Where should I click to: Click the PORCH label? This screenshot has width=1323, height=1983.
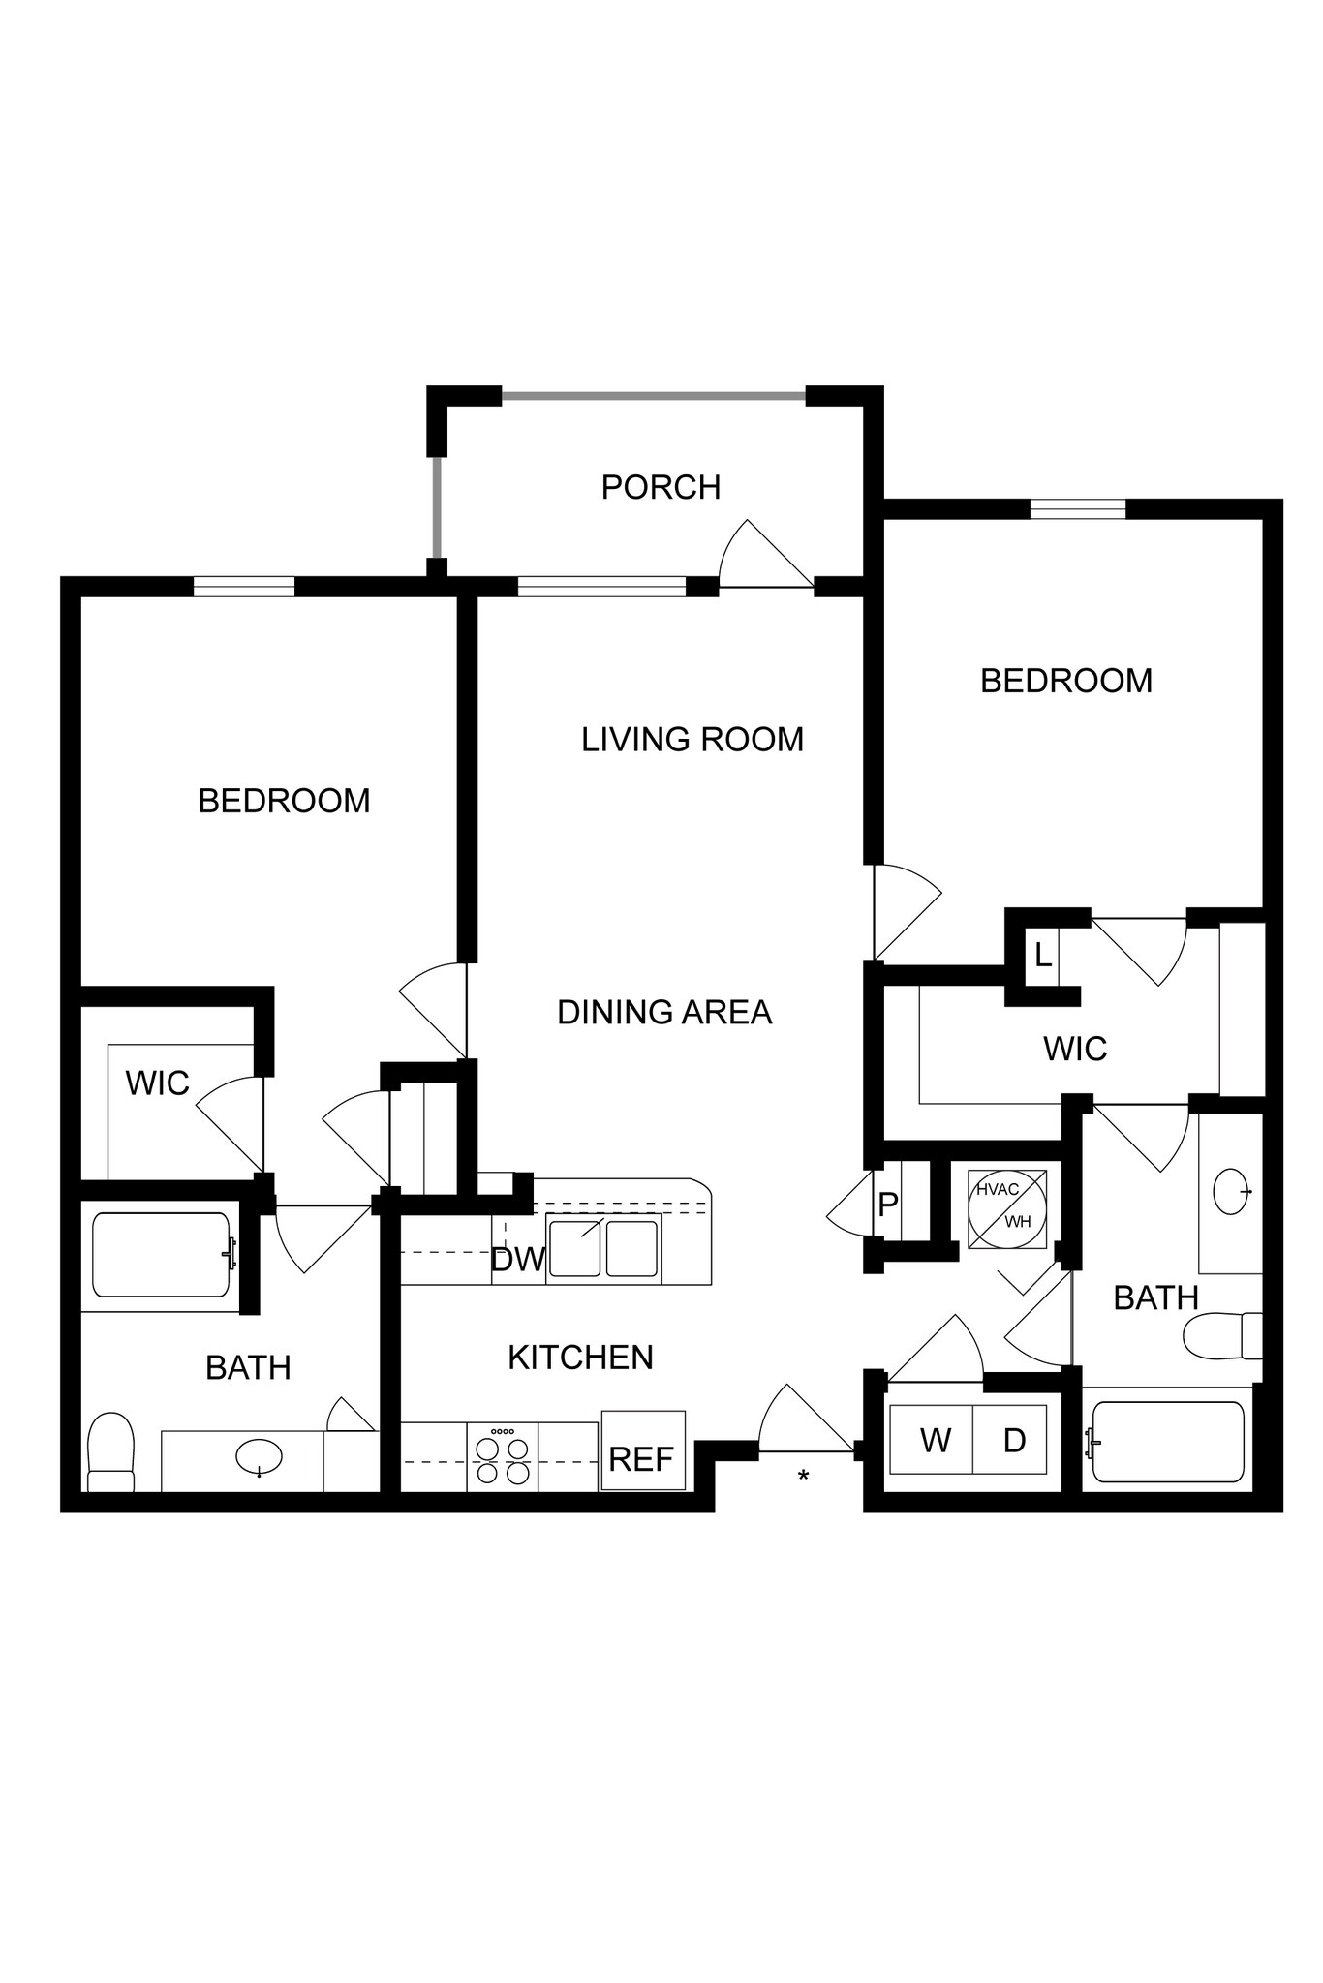[x=661, y=487]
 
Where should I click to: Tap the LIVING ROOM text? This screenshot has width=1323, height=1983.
[x=692, y=740]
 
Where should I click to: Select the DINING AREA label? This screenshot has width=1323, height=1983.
[x=664, y=1013]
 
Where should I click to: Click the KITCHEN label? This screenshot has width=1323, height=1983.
[x=580, y=1358]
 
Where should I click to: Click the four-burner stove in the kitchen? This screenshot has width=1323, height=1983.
[x=503, y=1456]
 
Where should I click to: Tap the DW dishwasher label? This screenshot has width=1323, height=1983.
[x=517, y=1260]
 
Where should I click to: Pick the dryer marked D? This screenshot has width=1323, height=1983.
[x=1013, y=1440]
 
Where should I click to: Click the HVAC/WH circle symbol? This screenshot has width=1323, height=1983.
[x=1007, y=1206]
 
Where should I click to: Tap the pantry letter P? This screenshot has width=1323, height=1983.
[x=887, y=1205]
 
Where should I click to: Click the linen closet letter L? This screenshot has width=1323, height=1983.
[x=1042, y=957]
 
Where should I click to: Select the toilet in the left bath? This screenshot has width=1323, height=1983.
[x=110, y=1452]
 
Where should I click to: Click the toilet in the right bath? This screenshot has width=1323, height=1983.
[x=1222, y=1336]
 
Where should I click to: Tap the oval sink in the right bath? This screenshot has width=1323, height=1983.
[x=1231, y=1191]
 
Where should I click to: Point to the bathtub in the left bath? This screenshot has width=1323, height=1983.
[x=161, y=1255]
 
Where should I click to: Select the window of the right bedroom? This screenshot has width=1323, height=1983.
[x=1077, y=508]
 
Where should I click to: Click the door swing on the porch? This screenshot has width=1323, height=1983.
[x=760, y=557]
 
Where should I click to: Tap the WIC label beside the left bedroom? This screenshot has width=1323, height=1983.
[x=157, y=1083]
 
